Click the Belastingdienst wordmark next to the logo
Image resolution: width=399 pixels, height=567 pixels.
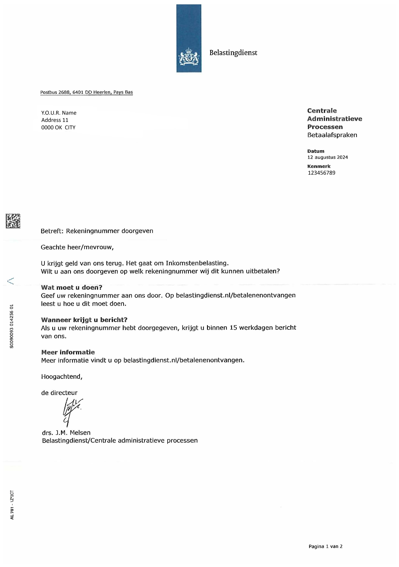[233, 53]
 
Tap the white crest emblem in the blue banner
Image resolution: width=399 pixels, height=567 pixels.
[189, 56]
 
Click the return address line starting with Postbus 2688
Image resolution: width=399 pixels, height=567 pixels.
[86, 92]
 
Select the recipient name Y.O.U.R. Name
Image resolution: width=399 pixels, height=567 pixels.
[59, 113]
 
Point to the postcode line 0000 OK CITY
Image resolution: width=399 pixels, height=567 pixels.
[58, 128]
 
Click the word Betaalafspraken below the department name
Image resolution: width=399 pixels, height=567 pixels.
[332, 135]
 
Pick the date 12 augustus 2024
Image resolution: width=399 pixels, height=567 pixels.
[328, 157]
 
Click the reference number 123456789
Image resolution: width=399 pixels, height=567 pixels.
[322, 173]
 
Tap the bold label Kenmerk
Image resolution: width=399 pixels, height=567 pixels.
[319, 166]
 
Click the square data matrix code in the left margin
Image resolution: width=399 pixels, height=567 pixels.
[13, 221]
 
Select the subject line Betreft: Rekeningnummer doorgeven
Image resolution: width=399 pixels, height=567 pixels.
[97, 231]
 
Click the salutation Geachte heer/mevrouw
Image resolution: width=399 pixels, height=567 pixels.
[77, 247]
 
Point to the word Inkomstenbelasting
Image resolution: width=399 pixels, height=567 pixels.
[197, 263]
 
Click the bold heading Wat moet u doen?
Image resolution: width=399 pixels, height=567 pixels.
[71, 287]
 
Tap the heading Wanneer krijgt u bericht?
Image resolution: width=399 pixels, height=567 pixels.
[84, 320]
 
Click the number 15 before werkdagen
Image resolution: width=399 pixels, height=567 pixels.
[233, 328]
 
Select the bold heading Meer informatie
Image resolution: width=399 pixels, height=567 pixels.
[68, 352]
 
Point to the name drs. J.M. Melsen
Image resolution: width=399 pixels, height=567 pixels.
[66, 433]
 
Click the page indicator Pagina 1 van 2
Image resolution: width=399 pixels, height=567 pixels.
[326, 546]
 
